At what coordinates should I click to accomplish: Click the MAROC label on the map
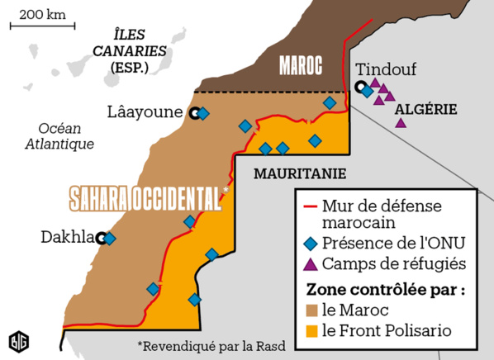pos(300,65)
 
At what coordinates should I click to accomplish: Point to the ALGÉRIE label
pos(426,108)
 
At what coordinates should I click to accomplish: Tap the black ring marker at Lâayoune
pos(193,114)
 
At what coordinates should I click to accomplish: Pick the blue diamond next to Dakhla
pos(110,239)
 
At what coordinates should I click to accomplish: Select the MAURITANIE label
pos(299,174)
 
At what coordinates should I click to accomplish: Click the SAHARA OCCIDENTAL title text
pos(145,198)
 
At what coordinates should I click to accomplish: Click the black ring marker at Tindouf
pos(359,87)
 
